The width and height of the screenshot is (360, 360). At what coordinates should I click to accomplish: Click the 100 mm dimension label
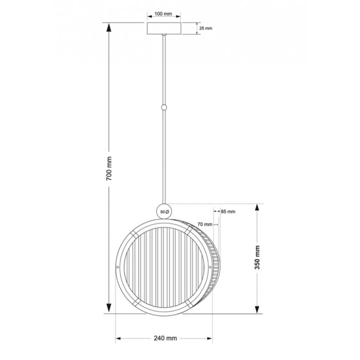(163, 14)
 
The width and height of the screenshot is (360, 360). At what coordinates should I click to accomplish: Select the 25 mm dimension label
(206, 28)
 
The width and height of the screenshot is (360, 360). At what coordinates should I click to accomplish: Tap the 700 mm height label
(109, 168)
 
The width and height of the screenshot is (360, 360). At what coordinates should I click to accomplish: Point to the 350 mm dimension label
(257, 257)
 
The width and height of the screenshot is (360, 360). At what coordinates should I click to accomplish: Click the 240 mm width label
(165, 338)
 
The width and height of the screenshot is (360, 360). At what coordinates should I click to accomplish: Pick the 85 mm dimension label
(228, 211)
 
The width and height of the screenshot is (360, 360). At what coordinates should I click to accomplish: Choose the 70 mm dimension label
(205, 224)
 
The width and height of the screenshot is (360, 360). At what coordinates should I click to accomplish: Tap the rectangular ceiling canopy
(164, 28)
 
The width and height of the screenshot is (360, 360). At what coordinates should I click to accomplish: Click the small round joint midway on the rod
(164, 107)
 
